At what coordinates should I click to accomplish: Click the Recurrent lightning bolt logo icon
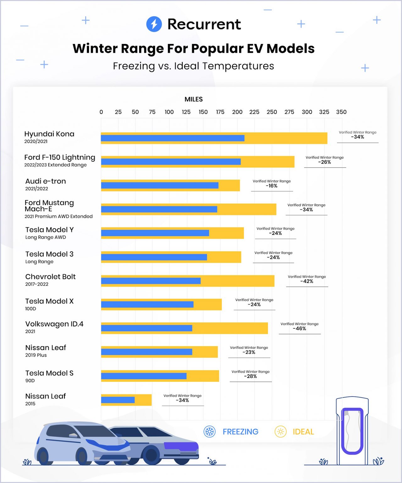point(154,24)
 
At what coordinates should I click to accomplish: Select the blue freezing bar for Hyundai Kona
point(173,138)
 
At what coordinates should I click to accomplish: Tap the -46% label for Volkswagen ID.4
point(299,329)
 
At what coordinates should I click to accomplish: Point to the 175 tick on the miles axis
point(220,112)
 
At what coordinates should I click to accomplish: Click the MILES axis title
point(194,99)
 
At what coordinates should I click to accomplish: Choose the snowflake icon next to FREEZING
point(210,432)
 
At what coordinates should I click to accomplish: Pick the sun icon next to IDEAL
point(280,432)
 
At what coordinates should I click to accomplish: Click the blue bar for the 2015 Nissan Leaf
point(118,400)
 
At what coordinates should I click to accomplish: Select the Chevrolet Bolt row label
point(50,277)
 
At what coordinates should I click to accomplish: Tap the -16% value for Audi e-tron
point(272,186)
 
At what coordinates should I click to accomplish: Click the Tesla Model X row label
point(49,301)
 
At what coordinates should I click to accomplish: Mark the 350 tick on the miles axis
point(341,112)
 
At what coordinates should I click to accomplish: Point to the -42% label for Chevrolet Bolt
point(307,281)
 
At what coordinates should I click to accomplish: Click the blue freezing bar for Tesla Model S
point(144,376)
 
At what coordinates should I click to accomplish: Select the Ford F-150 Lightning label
point(60,158)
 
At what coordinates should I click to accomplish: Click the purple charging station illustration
point(352,431)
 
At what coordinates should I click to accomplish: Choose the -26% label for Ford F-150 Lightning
point(324,162)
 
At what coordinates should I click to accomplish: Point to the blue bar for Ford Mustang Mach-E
point(159,209)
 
